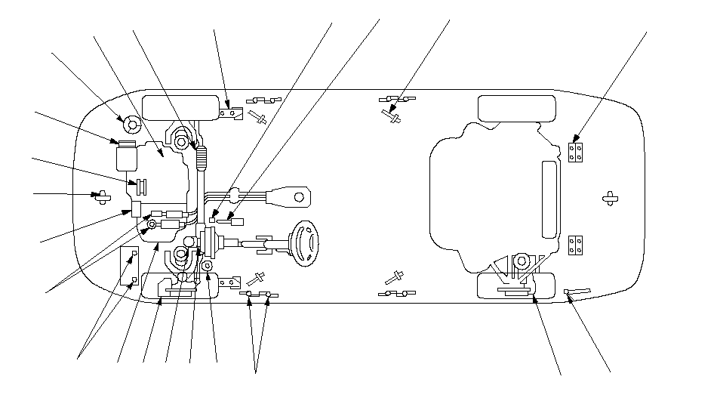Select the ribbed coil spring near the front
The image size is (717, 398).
pos(202,157)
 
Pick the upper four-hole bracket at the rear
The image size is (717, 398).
pos(575,153)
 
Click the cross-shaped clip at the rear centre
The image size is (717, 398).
pos(610,198)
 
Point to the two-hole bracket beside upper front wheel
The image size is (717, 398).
pos(232,113)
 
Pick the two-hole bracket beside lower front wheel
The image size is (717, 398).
pos(231,282)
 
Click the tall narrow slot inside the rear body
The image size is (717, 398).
pos(550,199)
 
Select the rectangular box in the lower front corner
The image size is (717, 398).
pos(129,267)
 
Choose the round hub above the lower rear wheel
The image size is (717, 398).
pos(520,263)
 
